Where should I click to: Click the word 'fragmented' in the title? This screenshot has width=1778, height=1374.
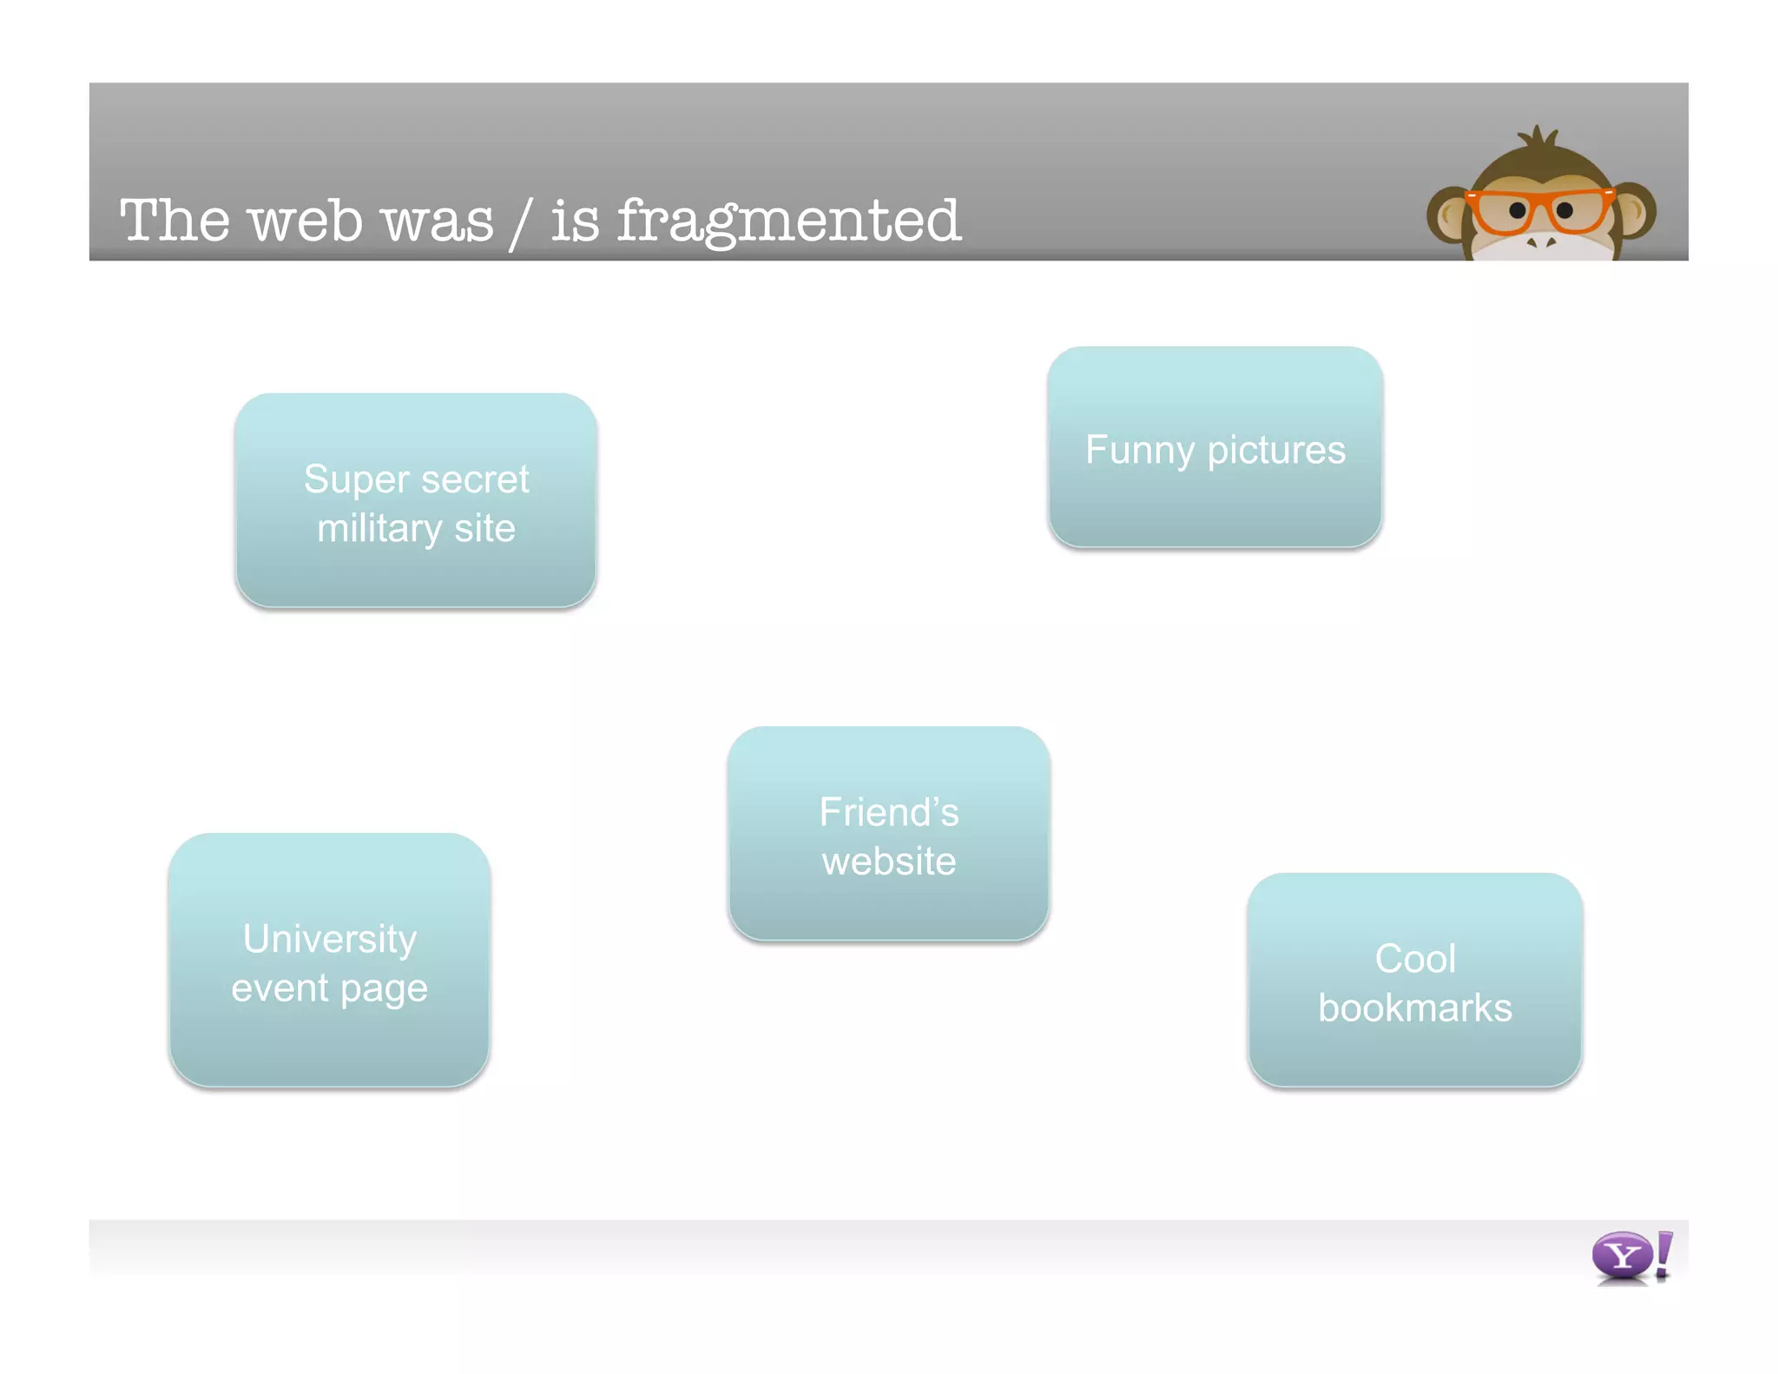click(x=788, y=221)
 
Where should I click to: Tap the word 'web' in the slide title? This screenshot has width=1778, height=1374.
click(x=306, y=221)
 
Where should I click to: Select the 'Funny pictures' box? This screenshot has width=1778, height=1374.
click(x=1215, y=447)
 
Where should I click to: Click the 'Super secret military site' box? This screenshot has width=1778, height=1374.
click(x=416, y=501)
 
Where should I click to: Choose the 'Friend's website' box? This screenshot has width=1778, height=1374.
click(x=889, y=834)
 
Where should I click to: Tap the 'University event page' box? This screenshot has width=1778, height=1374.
click(x=329, y=961)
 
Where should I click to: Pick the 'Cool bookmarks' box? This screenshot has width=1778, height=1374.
click(x=1415, y=981)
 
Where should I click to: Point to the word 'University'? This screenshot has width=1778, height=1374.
click(x=330, y=939)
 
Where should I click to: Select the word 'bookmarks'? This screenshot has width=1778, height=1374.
click(x=1415, y=1008)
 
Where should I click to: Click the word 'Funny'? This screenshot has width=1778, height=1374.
click(x=1140, y=450)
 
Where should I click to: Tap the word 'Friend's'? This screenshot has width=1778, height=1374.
click(x=889, y=812)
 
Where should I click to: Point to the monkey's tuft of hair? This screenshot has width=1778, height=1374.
click(x=1538, y=139)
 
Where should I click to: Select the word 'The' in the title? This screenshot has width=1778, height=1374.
click(x=175, y=221)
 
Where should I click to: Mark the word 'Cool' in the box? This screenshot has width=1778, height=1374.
click(x=1415, y=959)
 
